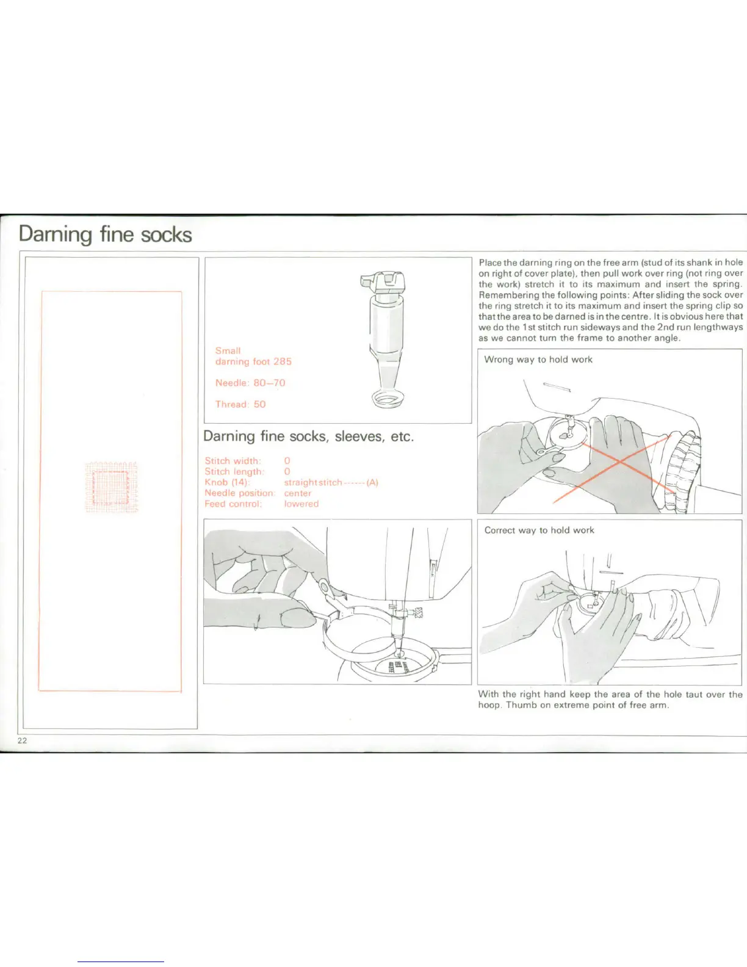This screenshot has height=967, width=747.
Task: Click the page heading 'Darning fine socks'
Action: pos(105,234)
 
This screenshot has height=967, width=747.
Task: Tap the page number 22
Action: pos(22,741)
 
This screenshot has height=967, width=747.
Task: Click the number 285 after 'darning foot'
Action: pos(282,361)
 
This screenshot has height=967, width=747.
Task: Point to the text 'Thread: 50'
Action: pos(240,404)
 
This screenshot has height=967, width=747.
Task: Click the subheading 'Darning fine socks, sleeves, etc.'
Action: pos(308,436)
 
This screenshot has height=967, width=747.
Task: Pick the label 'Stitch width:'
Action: pos(233,461)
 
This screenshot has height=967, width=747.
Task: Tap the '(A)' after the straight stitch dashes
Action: pos(372,482)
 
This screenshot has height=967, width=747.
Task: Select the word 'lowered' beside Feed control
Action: pos(301,504)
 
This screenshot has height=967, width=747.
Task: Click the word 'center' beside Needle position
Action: pos(298,493)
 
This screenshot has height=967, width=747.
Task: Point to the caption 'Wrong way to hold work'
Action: pos(538,360)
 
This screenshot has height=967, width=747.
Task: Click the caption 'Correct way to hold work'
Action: pos(539,530)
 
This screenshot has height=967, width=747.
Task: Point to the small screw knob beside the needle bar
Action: pos(417,612)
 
